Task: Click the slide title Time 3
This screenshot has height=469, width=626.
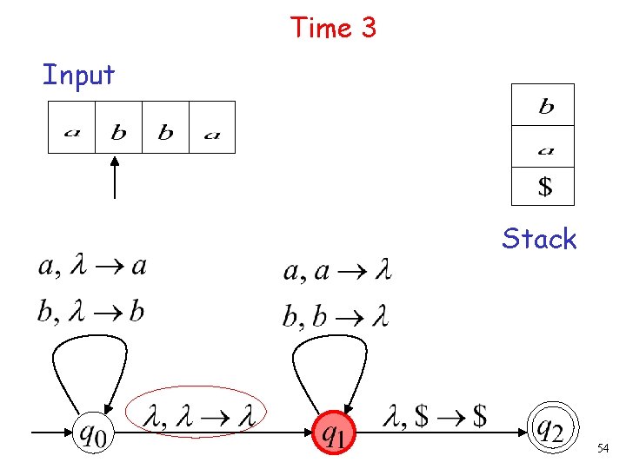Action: (334, 28)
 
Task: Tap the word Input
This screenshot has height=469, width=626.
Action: (78, 75)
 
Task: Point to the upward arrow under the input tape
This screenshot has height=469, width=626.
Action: (117, 177)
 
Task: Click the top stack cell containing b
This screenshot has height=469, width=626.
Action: (543, 105)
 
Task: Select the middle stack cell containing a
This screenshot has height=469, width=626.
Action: (543, 146)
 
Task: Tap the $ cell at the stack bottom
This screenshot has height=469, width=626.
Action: (543, 186)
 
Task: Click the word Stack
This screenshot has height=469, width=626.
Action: (539, 239)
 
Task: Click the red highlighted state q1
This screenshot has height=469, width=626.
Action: (334, 429)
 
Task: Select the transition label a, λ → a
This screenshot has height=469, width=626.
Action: (91, 267)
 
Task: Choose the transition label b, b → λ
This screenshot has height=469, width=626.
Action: (335, 315)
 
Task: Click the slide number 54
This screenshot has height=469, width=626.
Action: (603, 448)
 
